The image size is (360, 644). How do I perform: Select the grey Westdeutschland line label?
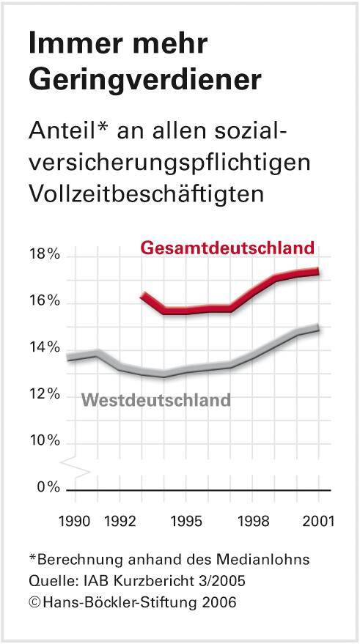tap(155, 400)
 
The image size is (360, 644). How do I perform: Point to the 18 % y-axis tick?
tap(43, 256)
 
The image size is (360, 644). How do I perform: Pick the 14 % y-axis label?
tap(43, 348)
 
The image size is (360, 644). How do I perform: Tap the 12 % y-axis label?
tap(43, 396)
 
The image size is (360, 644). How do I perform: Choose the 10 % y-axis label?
tap(43, 443)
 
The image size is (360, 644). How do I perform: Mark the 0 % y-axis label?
tap(46, 489)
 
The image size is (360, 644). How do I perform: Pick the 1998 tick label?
tap(253, 522)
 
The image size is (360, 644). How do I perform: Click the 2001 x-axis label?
tap(319, 522)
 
